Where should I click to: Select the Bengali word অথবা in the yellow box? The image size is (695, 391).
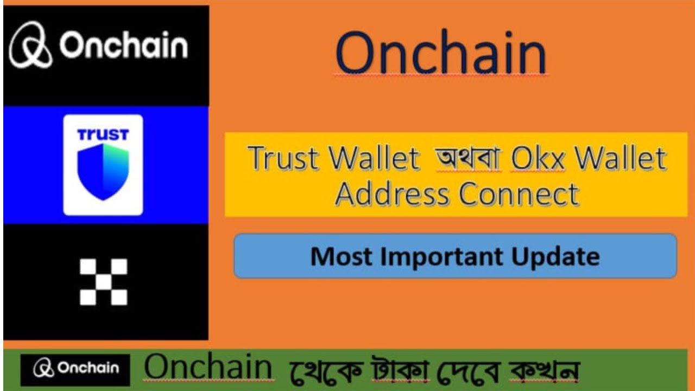point(466,158)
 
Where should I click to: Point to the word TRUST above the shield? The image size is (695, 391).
point(103,134)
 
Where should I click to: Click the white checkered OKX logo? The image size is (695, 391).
point(103,282)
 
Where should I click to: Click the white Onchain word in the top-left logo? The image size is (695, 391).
point(124,46)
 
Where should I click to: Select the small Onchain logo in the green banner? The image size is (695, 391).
point(75,369)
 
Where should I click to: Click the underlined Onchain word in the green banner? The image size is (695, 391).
point(208,368)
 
